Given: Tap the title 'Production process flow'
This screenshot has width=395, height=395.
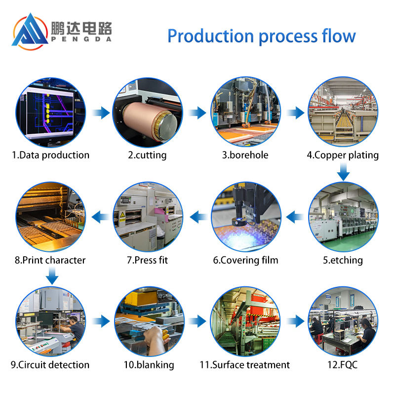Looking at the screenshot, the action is tap(261, 36).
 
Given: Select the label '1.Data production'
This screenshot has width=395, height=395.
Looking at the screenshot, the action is tap(51, 155).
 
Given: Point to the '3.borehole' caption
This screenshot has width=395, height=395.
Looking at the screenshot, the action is tap(245, 155).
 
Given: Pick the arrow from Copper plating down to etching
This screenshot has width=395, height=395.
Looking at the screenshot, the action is tap(344, 173).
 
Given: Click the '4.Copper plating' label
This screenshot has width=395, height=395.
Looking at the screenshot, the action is tap(343, 155).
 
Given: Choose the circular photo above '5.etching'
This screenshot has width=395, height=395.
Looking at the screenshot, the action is tap(344, 217).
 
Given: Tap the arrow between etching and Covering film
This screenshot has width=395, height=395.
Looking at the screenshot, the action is tap(295, 216).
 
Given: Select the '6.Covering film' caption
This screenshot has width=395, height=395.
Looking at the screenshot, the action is tap(245, 260).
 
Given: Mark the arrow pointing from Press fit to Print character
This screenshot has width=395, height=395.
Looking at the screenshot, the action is tap(101, 216).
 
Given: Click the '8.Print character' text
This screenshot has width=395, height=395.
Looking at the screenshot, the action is tap(50, 260).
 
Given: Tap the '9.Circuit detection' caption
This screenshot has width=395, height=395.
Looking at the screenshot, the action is tap(50, 365).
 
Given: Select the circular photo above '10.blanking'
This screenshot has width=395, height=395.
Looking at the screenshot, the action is tap(149, 321).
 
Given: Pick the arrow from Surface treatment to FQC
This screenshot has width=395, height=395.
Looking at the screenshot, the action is tap(296, 321).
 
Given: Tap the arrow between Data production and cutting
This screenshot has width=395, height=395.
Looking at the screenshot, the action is tap(101, 113).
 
